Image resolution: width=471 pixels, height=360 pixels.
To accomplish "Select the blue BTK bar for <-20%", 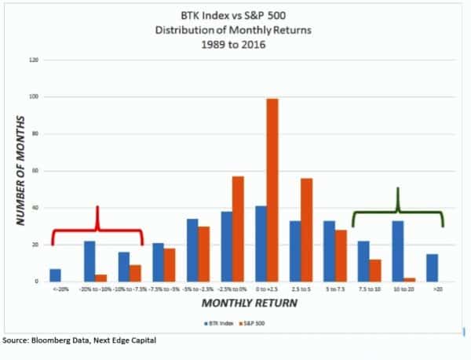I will [x=55, y=275].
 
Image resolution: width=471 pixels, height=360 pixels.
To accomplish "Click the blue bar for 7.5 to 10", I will [x=363, y=261].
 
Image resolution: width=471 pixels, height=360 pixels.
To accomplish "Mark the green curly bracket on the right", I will [x=398, y=212].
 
